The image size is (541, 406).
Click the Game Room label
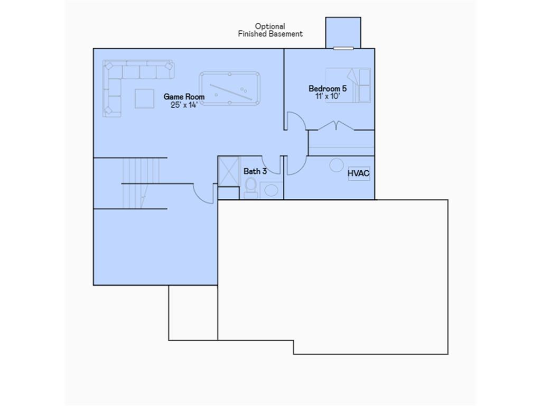[184, 97]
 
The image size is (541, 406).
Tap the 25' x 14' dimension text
[184, 105]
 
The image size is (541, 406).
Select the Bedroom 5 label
[328, 89]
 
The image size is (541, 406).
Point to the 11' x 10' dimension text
[328, 97]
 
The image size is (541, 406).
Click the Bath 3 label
[255, 171]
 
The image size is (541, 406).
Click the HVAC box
[359, 173]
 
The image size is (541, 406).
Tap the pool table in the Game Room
[230, 88]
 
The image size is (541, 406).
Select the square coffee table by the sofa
[144, 98]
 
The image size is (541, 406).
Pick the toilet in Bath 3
[251, 187]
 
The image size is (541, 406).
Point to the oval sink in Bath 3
[272, 190]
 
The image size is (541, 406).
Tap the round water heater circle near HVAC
[337, 165]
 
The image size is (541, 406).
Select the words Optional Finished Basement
[270, 30]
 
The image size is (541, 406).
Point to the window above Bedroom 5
[343, 48]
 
